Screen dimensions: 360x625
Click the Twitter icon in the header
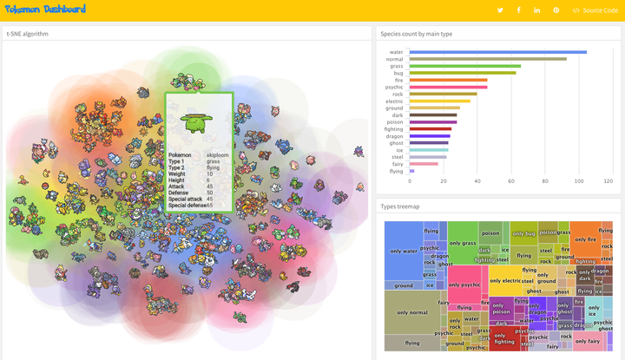[500, 10]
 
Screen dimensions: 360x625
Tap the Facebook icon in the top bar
[518, 10]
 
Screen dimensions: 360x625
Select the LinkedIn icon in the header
[537, 10]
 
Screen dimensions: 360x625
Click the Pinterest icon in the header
[556, 10]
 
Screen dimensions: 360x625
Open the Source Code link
[595, 10]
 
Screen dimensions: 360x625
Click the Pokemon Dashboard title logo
[45, 10]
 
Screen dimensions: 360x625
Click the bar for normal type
[487, 59]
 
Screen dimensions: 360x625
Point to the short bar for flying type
[411, 171]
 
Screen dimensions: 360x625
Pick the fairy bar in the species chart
[424, 163]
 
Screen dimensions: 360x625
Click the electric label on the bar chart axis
[394, 101]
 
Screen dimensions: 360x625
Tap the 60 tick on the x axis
[511, 181]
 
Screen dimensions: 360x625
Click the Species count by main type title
[416, 34]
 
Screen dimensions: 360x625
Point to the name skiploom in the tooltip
[218, 154]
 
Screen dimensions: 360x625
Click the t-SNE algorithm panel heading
[28, 34]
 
